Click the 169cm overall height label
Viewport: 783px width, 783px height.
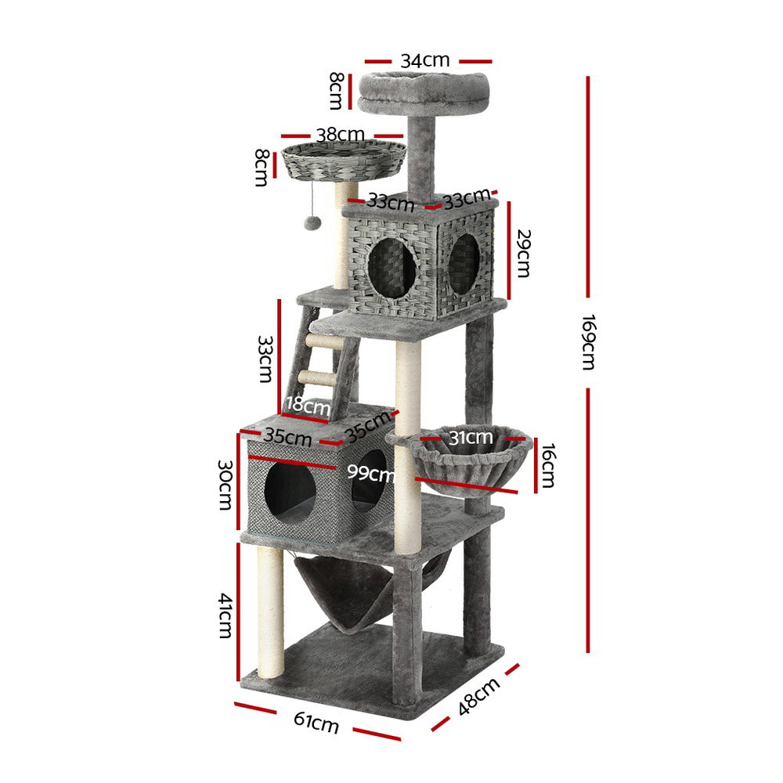coord(590,342)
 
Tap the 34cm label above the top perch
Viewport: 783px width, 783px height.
coord(424,60)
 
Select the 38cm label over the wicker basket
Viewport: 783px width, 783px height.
coord(340,135)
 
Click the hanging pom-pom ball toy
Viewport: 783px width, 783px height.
coord(311,222)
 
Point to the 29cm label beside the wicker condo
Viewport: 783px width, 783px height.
coord(522,252)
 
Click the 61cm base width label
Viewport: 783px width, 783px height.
coord(318,723)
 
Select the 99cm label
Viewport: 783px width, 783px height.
coord(371,472)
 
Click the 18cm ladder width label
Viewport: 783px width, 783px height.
coord(308,405)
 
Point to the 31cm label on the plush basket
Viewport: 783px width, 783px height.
coord(470,437)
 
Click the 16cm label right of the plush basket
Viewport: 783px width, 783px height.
coord(547,464)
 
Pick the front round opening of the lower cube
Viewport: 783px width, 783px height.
coord(289,491)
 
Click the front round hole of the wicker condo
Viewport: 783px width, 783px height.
coord(391,268)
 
